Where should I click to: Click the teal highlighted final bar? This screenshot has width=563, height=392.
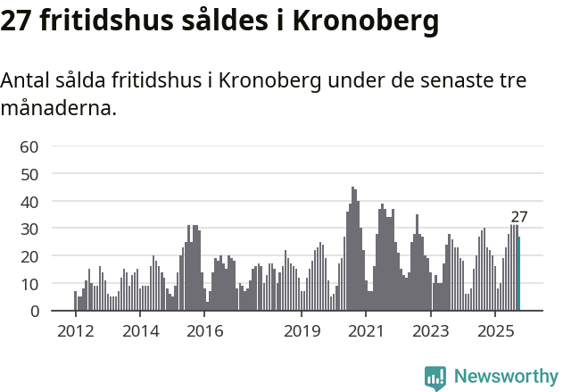point(518,274)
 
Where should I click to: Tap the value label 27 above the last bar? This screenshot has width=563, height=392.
point(519,217)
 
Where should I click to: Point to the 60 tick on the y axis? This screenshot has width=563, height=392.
point(29,146)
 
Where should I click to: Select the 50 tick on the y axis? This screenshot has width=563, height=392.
point(29,174)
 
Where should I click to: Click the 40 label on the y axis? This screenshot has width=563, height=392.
point(29,202)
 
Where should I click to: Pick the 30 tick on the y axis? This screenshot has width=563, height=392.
point(29,229)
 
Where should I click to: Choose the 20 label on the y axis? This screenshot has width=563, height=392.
point(29,256)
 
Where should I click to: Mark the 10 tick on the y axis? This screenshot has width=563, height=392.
point(29,284)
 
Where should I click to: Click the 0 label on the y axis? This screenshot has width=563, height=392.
point(34,312)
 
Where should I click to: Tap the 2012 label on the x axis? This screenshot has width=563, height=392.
point(75,331)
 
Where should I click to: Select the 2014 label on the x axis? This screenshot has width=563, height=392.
point(140,331)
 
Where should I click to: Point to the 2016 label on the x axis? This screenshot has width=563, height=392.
point(205,331)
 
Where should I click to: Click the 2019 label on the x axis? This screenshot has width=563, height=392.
point(302,331)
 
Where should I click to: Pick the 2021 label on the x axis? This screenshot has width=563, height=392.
point(367,331)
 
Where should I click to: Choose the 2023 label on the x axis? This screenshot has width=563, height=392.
point(432,331)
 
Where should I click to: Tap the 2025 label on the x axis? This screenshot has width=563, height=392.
point(496,331)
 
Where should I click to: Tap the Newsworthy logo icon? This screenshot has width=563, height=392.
point(435,378)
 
